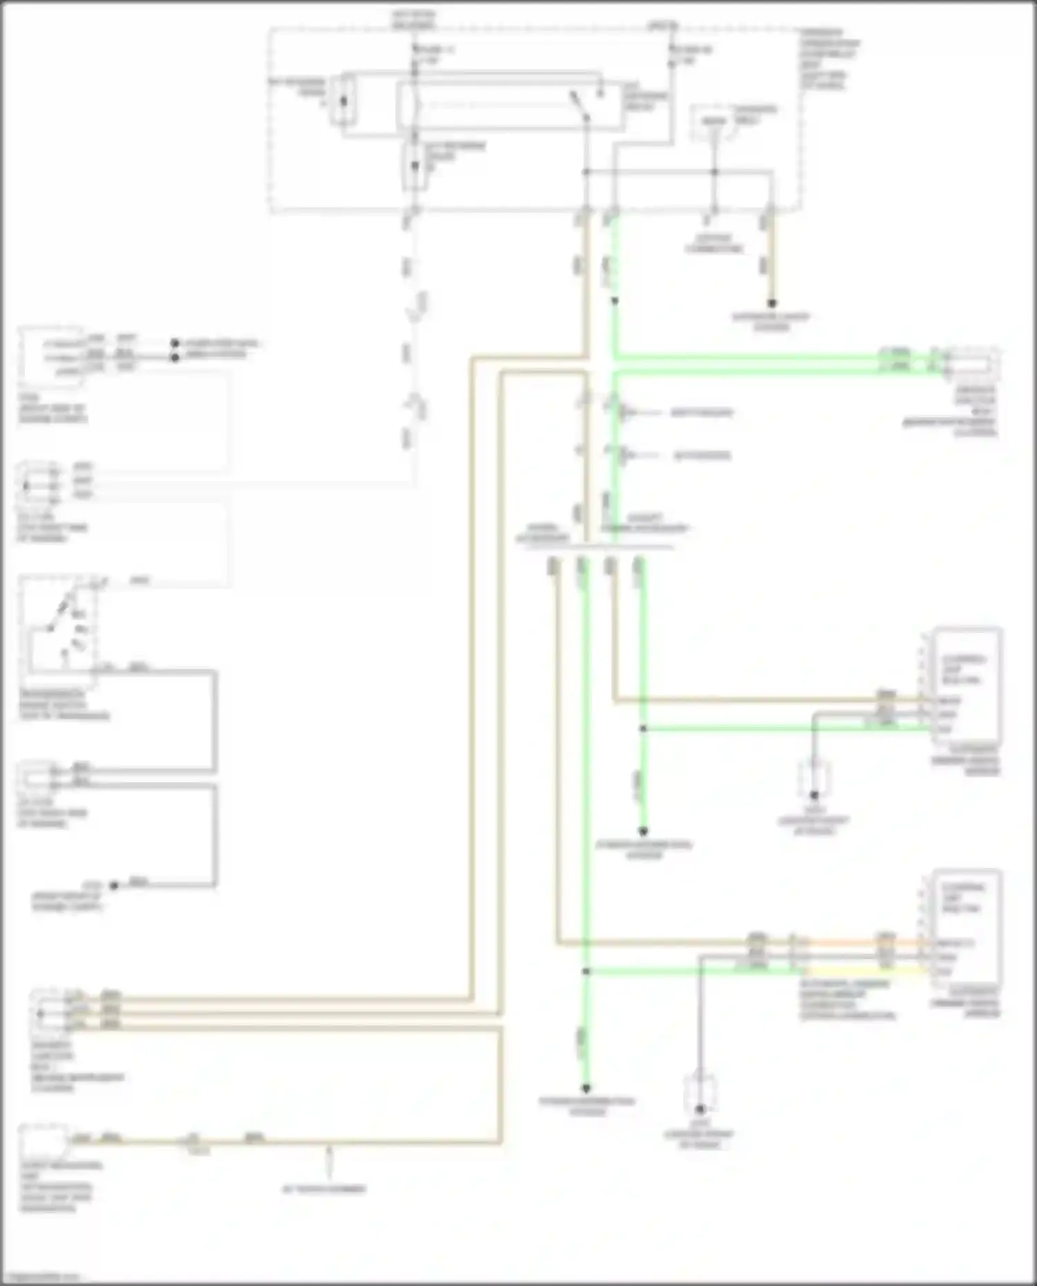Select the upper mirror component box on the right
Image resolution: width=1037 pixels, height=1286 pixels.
click(x=966, y=684)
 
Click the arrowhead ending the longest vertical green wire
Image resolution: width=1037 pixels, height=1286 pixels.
click(x=586, y=1088)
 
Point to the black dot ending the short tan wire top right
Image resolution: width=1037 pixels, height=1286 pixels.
click(x=772, y=303)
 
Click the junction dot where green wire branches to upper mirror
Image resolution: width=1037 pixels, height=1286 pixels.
click(x=643, y=728)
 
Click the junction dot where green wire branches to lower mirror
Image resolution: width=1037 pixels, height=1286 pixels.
click(x=586, y=971)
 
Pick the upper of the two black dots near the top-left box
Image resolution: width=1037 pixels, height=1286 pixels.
click(x=175, y=343)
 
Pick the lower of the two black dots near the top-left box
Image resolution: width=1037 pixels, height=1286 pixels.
click(x=175, y=357)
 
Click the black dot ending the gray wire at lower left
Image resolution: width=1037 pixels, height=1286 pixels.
click(x=114, y=885)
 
